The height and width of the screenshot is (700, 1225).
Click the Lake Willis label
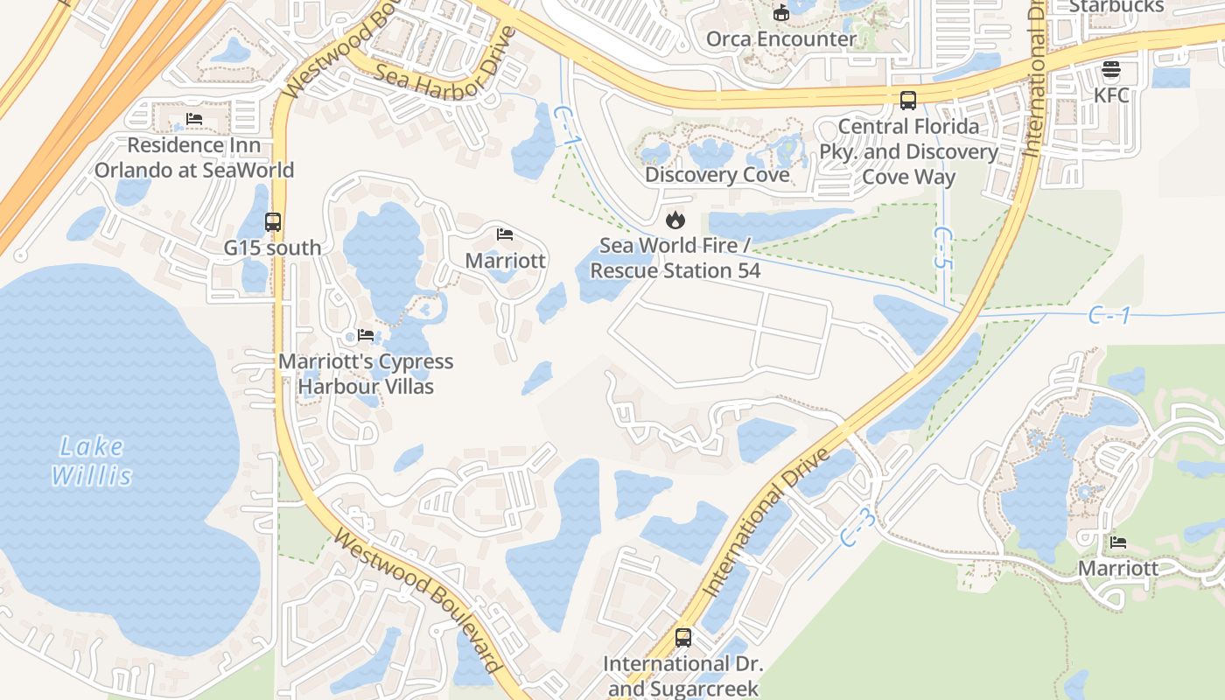tap(92, 461)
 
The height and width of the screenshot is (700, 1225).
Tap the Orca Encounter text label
tap(781, 39)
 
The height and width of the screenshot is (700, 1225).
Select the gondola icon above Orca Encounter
tap(781, 12)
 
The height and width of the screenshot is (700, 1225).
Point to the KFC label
tap(1111, 94)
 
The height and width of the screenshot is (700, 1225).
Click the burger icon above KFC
tap(1111, 69)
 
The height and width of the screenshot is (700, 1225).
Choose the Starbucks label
tap(1116, 6)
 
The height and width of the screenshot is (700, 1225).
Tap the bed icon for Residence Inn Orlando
tap(194, 119)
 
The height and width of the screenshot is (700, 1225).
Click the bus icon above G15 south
tap(273, 222)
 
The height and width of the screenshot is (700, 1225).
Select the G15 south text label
tap(273, 248)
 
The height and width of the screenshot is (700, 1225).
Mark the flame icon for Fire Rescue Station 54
tap(675, 220)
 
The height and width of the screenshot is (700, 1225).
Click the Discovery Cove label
tap(717, 175)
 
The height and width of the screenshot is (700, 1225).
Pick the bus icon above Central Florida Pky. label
tap(908, 101)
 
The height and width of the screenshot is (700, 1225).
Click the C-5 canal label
tap(943, 248)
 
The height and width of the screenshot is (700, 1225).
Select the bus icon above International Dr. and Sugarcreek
tap(683, 638)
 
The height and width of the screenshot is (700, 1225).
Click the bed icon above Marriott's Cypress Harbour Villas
tap(366, 335)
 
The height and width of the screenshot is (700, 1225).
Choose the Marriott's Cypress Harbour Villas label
tap(366, 374)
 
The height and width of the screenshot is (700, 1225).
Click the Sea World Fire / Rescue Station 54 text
tap(675, 258)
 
